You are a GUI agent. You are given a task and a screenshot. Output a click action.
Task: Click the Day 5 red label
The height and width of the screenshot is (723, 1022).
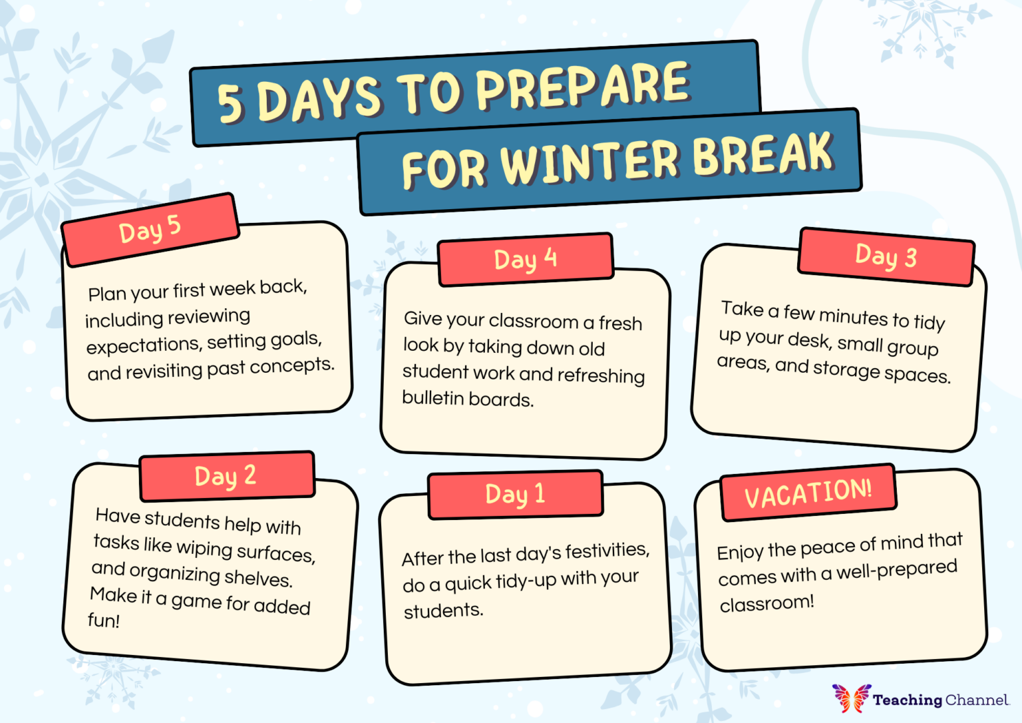click(x=150, y=230)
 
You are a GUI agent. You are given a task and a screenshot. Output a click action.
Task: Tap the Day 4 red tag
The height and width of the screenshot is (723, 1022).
click(x=525, y=259)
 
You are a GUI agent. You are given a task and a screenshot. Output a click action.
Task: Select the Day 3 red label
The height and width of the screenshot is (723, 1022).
click(x=886, y=256)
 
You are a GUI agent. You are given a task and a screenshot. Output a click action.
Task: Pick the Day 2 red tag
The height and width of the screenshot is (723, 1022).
click(x=226, y=476)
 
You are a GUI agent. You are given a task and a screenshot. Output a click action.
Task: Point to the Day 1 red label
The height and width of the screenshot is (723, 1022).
click(x=515, y=494)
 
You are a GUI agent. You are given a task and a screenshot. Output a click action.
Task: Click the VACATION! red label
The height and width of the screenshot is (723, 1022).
click(x=808, y=493)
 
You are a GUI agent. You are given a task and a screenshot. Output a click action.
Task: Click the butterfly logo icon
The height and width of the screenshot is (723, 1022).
click(x=851, y=698)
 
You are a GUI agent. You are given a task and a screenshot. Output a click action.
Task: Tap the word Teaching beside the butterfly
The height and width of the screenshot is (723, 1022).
click(x=908, y=700)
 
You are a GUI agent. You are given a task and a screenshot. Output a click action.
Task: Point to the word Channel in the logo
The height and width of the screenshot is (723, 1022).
click(x=977, y=700)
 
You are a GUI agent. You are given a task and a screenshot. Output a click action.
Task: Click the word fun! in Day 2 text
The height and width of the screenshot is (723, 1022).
click(x=104, y=620)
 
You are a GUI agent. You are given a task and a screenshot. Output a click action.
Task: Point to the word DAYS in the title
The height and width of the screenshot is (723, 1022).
click(x=319, y=98)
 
